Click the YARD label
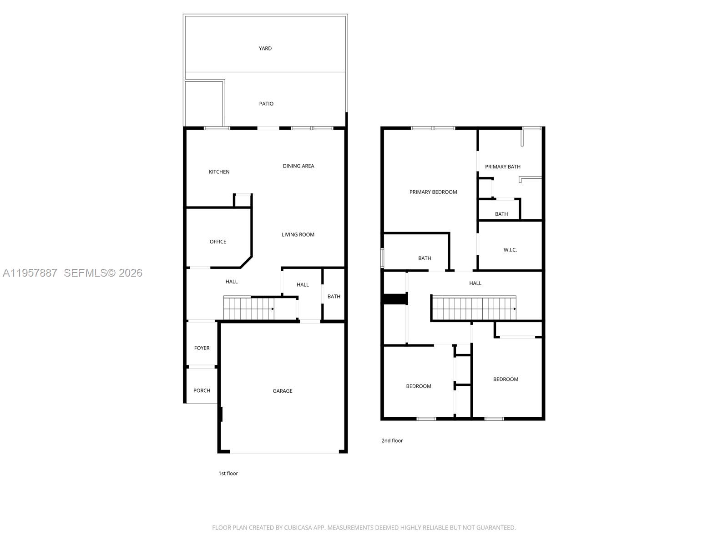click(x=265, y=48)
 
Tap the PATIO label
click(x=266, y=104)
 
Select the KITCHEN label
click(x=219, y=172)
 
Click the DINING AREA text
click(x=298, y=166)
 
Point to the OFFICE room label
click(x=217, y=242)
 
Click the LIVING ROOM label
click(x=298, y=235)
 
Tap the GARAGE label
click(x=282, y=391)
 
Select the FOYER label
click(x=202, y=348)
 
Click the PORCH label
click(x=202, y=390)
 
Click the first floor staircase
click(x=248, y=308)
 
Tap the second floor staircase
click(x=473, y=308)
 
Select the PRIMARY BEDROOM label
click(x=433, y=192)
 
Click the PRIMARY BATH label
click(x=502, y=167)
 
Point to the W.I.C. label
click(x=510, y=250)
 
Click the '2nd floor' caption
click(x=392, y=440)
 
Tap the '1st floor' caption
click(x=228, y=473)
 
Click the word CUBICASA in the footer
click(x=298, y=528)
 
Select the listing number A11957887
click(x=30, y=273)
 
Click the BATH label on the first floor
click(x=334, y=297)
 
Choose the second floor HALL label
click(x=475, y=283)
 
